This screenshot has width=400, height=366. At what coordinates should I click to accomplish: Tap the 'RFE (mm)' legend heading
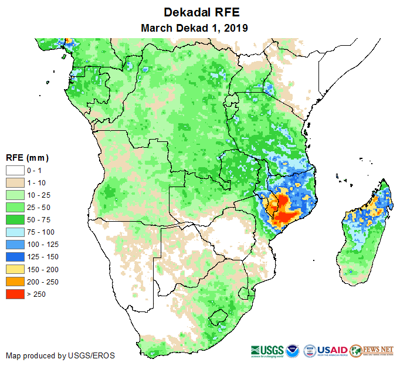[x=27, y=158]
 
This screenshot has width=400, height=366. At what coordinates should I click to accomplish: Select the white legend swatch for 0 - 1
[x=15, y=170]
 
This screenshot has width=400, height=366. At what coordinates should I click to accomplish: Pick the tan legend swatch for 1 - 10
[x=15, y=182]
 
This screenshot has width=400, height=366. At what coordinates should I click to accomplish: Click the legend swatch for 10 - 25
[x=15, y=195]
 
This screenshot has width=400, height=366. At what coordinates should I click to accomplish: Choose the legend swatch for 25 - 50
[x=15, y=207]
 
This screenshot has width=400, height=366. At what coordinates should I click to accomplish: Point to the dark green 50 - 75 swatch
[x=15, y=219]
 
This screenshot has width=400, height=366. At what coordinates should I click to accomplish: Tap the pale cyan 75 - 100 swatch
[x=15, y=232]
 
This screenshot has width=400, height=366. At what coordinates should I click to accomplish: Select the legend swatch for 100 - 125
[x=15, y=244]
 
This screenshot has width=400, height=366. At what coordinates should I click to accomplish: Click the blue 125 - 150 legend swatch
[x=15, y=256]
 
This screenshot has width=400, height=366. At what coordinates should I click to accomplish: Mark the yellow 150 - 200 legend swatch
[x=15, y=269]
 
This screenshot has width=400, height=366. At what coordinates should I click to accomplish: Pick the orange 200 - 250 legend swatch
[x=15, y=282]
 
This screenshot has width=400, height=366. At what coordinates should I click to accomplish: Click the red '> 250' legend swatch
[x=15, y=294]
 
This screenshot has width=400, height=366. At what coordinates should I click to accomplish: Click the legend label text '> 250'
[x=36, y=294]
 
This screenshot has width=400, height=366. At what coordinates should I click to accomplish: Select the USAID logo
[x=333, y=350]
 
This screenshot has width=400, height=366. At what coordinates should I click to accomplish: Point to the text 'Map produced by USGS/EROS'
[x=60, y=355]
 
